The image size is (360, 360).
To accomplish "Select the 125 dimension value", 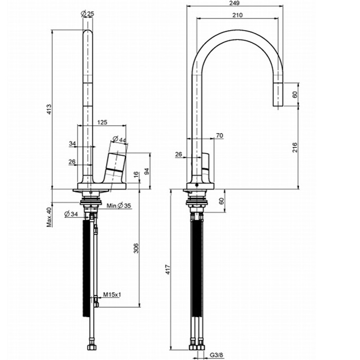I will [x=102, y=122].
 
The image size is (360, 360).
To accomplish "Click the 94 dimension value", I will [x=147, y=170].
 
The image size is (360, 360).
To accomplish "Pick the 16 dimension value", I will [x=136, y=174].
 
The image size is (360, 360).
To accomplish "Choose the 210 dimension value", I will [x=237, y=15].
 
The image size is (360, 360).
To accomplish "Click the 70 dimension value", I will [x=220, y=136].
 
